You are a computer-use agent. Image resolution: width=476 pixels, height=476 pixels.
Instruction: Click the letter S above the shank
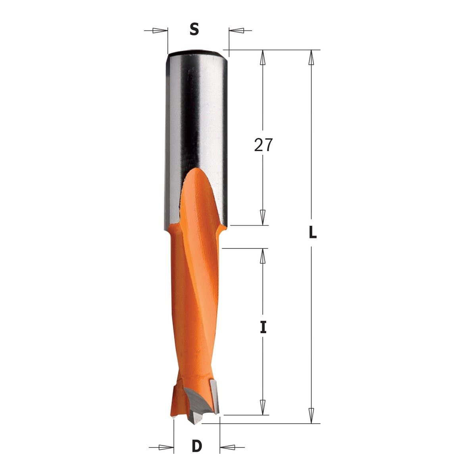194,30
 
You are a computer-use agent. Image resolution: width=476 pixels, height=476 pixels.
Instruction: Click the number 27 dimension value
263,145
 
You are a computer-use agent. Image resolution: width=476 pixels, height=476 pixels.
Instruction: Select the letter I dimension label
263,327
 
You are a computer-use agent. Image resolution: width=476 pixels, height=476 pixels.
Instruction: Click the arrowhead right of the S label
236,31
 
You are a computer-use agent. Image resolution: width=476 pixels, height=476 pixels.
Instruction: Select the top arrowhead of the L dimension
311,57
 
